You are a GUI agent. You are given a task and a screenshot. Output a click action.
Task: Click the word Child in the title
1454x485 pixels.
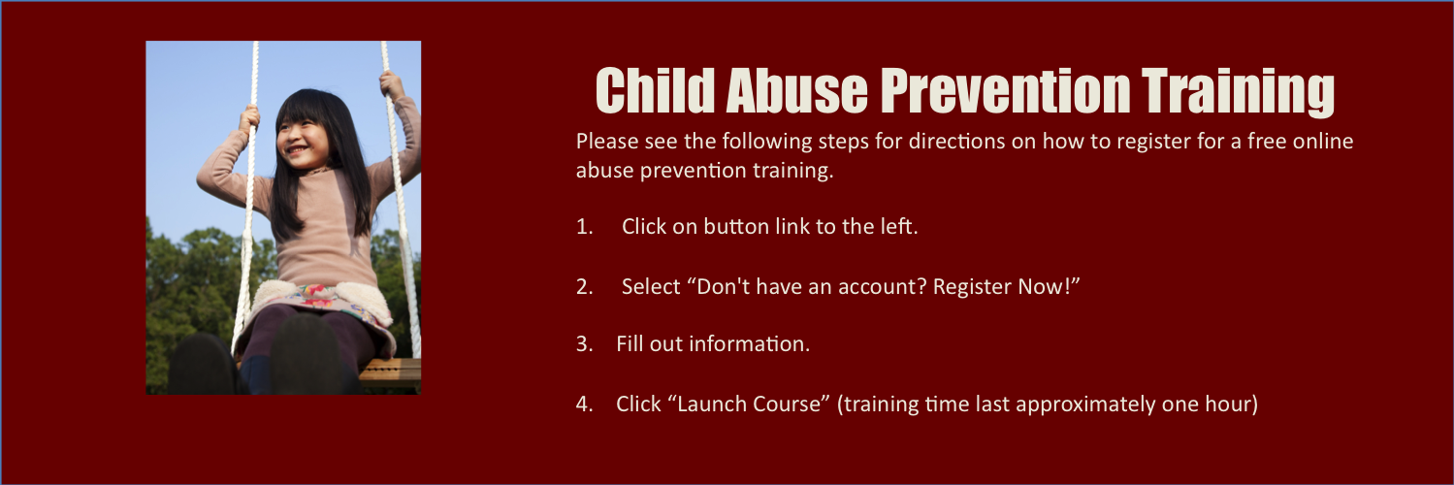click(655, 91)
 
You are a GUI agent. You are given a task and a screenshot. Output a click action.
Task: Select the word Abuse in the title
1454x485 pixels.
click(796, 91)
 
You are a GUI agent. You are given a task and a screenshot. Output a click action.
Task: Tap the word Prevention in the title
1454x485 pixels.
click(1006, 91)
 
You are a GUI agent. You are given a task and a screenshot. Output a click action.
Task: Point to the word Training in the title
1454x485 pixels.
click(1238, 92)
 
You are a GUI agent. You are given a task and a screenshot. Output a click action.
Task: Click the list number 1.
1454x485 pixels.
click(584, 227)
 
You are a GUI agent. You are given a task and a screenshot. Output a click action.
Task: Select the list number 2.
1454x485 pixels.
click(584, 286)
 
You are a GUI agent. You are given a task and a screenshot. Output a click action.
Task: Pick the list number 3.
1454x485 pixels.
click(584, 343)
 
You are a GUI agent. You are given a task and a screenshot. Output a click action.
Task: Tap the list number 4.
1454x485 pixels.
click(584, 404)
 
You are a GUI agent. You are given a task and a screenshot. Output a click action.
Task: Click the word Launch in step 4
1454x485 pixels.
click(708, 404)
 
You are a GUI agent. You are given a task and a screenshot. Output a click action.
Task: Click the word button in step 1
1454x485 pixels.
click(741, 227)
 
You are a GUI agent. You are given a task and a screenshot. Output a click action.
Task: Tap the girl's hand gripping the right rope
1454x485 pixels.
click(393, 85)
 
